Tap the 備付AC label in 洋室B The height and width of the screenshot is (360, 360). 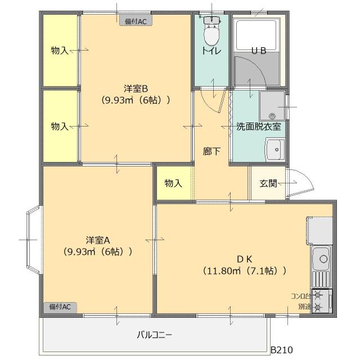(136, 21)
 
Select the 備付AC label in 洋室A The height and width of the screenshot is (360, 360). (60, 307)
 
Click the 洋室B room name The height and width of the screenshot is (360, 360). (136, 88)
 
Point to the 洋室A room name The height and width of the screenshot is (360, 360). (97, 239)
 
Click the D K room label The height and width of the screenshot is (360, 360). (244, 259)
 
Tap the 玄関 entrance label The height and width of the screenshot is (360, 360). (268, 183)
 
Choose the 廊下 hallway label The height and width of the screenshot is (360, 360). (211, 151)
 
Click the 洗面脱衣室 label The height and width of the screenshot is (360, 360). (258, 126)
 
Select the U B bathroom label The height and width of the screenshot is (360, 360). (258, 51)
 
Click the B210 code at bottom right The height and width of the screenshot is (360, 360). (281, 350)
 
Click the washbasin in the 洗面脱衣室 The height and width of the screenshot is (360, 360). (274, 150)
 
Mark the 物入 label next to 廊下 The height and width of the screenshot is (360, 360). (173, 183)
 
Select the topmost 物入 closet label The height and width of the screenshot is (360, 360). (60, 51)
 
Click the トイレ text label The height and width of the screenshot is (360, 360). (211, 51)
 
